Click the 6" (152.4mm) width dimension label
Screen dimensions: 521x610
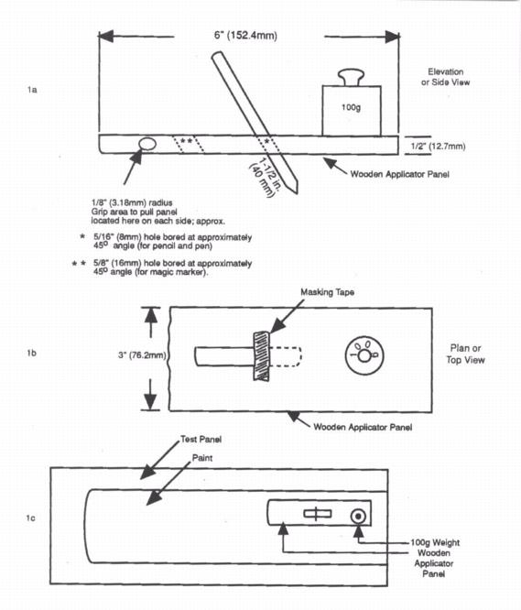pos(245,36)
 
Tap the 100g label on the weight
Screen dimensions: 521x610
pos(351,107)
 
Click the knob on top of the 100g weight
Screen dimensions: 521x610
pos(351,77)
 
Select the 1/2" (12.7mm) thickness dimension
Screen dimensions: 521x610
pos(438,147)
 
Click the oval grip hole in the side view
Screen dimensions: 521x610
pos(147,144)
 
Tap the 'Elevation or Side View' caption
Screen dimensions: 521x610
pos(445,77)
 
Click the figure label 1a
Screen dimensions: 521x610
pos(32,90)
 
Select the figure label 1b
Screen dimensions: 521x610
pos(32,353)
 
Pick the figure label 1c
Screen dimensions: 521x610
pos(31,517)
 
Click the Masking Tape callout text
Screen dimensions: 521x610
pos(327,292)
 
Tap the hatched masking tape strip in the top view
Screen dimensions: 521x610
pos(262,356)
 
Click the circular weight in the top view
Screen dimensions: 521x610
pos(364,355)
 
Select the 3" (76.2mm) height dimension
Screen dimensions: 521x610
pos(142,355)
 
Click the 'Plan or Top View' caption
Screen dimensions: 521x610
pos(465,354)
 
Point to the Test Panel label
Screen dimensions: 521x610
pos(201,440)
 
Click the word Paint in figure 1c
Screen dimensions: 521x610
pos(202,458)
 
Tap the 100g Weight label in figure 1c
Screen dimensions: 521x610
pos(435,542)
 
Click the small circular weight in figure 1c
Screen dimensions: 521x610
pos(358,517)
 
